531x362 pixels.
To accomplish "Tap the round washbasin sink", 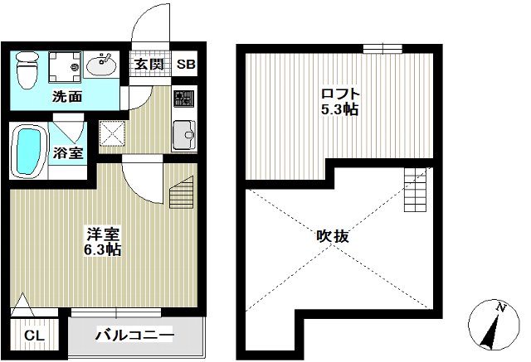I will pyautogui.click(x=105, y=64).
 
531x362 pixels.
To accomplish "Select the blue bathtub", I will pyautogui.click(x=30, y=152).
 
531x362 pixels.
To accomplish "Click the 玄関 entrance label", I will pyautogui.click(x=150, y=65).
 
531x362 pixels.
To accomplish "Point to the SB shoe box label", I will pyautogui.click(x=184, y=65).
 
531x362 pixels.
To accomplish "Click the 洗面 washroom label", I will pyautogui.click(x=67, y=96).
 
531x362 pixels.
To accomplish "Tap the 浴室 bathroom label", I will pyautogui.click(x=67, y=153).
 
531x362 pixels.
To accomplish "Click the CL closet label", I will pyautogui.click(x=34, y=335).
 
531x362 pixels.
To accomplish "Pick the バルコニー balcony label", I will pyautogui.click(x=134, y=335).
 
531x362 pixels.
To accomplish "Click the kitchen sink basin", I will pyautogui.click(x=183, y=133).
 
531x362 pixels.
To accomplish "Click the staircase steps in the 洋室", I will pyautogui.click(x=182, y=196).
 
